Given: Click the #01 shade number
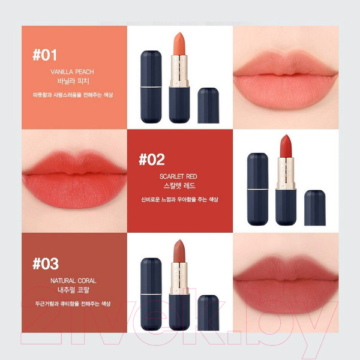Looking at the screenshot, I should [x=46, y=56].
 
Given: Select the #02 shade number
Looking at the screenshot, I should [x=151, y=160].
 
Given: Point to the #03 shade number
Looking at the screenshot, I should [x=46, y=264].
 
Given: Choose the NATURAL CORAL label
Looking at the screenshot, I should [x=73, y=280].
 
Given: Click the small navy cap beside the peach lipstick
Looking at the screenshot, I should [x=207, y=105].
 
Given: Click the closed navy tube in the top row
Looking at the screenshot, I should [x=149, y=86].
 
